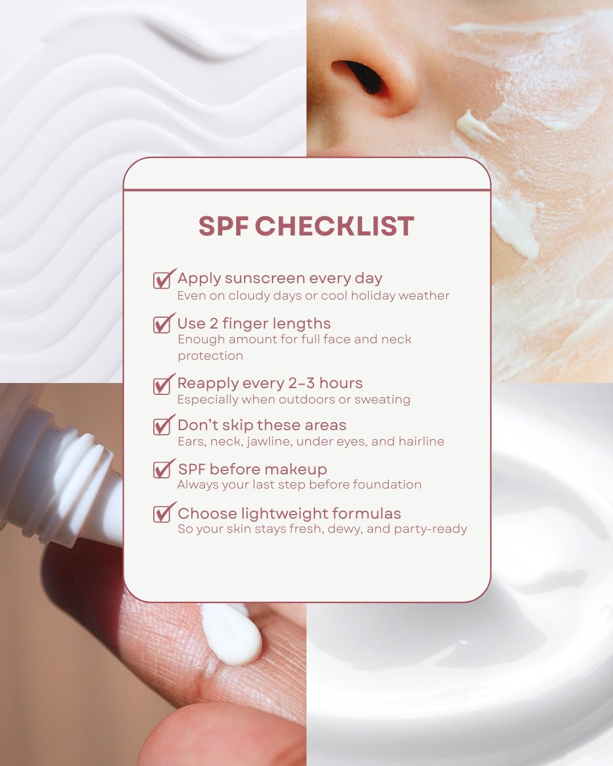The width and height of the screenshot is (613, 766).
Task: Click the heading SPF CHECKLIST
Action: (306, 226)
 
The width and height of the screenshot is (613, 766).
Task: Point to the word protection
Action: (210, 356)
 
